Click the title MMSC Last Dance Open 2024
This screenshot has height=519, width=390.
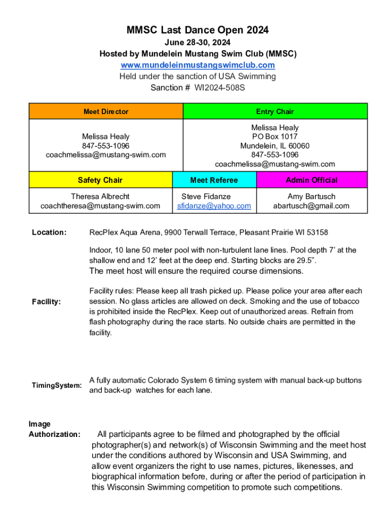198,31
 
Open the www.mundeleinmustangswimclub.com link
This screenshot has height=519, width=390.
198,65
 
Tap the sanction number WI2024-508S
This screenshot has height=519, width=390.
216,88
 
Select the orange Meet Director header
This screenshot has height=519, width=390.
106,112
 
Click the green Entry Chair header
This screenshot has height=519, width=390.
275,112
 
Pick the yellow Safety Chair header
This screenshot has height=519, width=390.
100,180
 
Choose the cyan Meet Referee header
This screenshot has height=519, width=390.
214,180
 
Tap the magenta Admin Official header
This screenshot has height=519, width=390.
311,180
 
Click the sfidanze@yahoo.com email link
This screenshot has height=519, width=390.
214,206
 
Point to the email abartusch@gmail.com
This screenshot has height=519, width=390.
311,206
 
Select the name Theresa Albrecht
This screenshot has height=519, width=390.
100,196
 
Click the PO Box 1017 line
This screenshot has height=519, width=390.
275,137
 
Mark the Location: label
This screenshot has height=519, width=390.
49,233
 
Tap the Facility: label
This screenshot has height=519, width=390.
47,302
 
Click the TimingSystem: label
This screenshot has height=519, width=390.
57,386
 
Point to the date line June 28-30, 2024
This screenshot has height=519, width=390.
198,43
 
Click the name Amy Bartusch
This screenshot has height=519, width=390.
311,196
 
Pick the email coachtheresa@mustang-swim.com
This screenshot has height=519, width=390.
100,206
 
